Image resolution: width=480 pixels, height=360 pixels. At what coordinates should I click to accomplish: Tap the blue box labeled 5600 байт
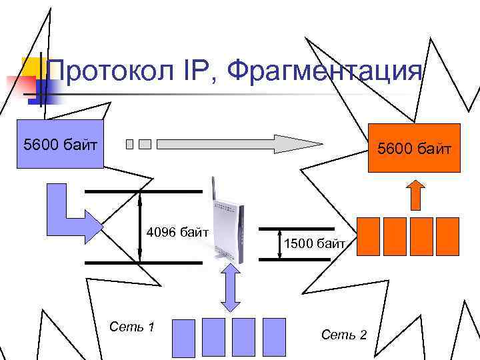tap(61, 144)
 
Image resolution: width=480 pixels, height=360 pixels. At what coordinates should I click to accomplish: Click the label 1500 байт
tap(314, 244)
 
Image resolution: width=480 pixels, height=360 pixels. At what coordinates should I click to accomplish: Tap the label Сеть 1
tap(132, 327)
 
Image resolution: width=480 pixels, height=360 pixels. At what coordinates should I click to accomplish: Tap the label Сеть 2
tap(344, 334)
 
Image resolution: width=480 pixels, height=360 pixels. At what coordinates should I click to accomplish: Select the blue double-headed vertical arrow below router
tap(230, 287)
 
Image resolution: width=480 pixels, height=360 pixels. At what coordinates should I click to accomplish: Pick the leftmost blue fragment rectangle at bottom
tap(183, 337)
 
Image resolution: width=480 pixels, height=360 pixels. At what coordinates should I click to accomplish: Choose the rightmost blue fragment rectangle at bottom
tap(274, 337)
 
